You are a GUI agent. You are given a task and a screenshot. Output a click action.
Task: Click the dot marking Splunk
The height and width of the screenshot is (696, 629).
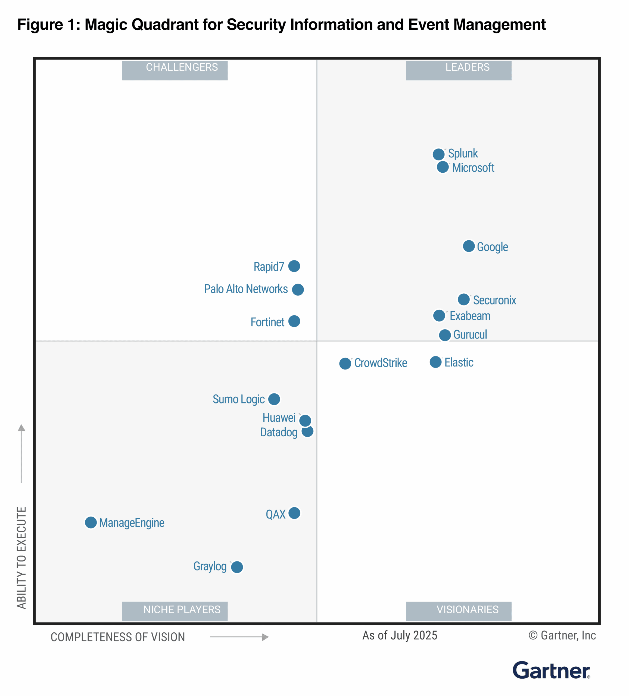[x=438, y=154]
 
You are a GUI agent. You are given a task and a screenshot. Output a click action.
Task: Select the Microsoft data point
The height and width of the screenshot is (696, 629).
[x=443, y=167]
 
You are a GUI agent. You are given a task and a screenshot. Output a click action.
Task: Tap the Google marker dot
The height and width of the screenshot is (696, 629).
[x=468, y=246]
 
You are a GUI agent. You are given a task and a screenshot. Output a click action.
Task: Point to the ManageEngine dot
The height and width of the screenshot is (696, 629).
[x=91, y=522]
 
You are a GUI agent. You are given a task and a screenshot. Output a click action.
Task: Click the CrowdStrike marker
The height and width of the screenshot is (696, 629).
[x=345, y=363]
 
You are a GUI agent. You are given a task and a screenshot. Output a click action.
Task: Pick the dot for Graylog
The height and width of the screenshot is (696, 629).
[x=237, y=567]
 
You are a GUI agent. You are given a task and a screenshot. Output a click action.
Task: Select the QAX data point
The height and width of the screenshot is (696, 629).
[x=294, y=513]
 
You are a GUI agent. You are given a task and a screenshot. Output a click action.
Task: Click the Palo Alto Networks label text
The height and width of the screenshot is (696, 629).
[x=246, y=289]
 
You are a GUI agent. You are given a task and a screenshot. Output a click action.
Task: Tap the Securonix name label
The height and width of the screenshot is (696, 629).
[x=494, y=300]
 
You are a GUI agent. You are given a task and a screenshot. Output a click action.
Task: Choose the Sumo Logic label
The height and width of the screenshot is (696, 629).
[x=239, y=399]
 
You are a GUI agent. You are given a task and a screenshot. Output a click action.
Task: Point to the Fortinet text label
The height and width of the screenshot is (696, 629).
[x=267, y=322]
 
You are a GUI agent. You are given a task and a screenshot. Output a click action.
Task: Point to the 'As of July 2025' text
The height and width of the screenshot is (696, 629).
[x=399, y=635]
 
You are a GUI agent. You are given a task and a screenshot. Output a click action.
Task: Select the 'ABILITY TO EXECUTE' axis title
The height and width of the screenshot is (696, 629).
[x=21, y=558]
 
